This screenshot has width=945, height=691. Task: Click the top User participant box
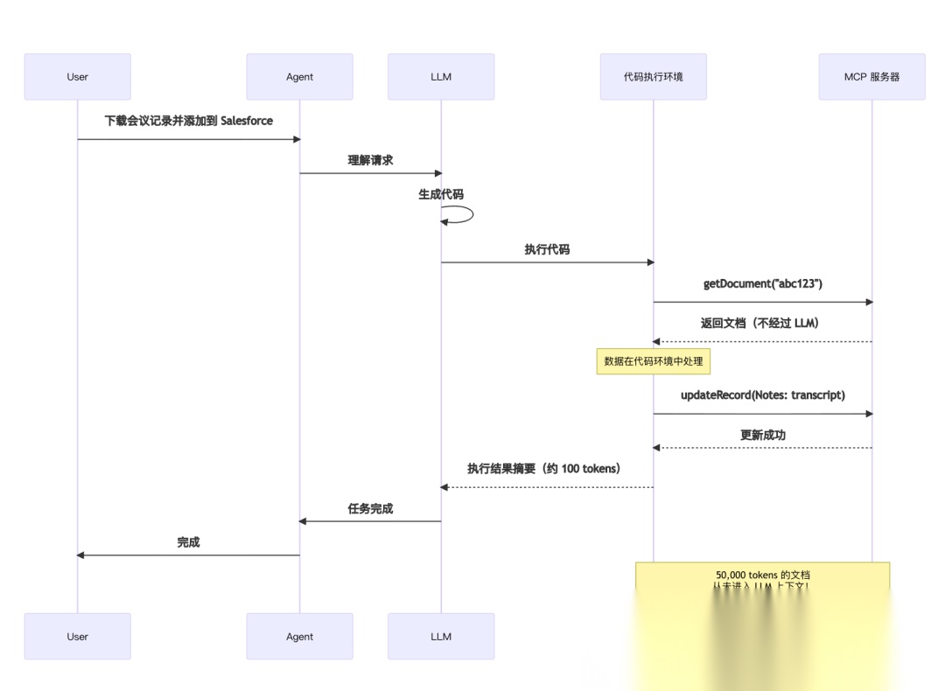tap(77, 77)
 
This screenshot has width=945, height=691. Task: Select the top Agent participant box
tap(299, 77)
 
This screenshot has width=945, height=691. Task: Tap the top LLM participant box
tap(441, 77)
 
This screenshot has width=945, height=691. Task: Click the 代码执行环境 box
tap(653, 77)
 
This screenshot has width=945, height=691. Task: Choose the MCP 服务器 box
tap(871, 77)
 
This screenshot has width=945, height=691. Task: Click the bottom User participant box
tap(77, 636)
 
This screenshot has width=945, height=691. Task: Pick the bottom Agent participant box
tap(299, 636)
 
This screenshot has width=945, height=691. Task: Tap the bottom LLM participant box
tap(441, 636)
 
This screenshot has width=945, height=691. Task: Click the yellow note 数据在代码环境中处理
tap(653, 361)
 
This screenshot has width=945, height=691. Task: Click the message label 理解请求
tap(370, 160)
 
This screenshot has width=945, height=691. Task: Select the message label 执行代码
tap(547, 249)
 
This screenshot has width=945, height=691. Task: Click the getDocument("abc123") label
tap(762, 284)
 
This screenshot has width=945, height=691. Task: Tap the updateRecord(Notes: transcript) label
tap(762, 395)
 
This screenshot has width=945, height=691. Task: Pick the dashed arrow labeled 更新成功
tap(762, 448)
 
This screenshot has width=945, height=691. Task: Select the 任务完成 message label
tap(370, 508)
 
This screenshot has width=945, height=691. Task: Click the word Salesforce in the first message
tap(247, 121)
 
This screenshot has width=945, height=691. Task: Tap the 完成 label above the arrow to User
tap(188, 542)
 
